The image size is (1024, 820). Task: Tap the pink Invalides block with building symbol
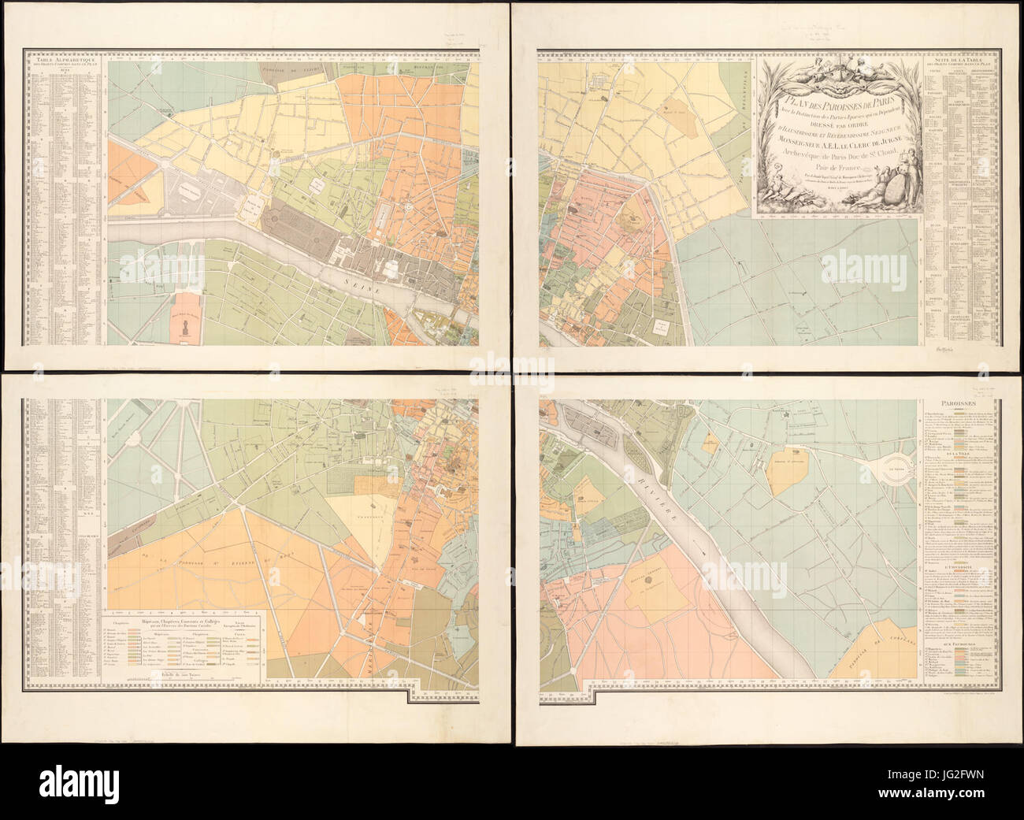pyautogui.click(x=187, y=321)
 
